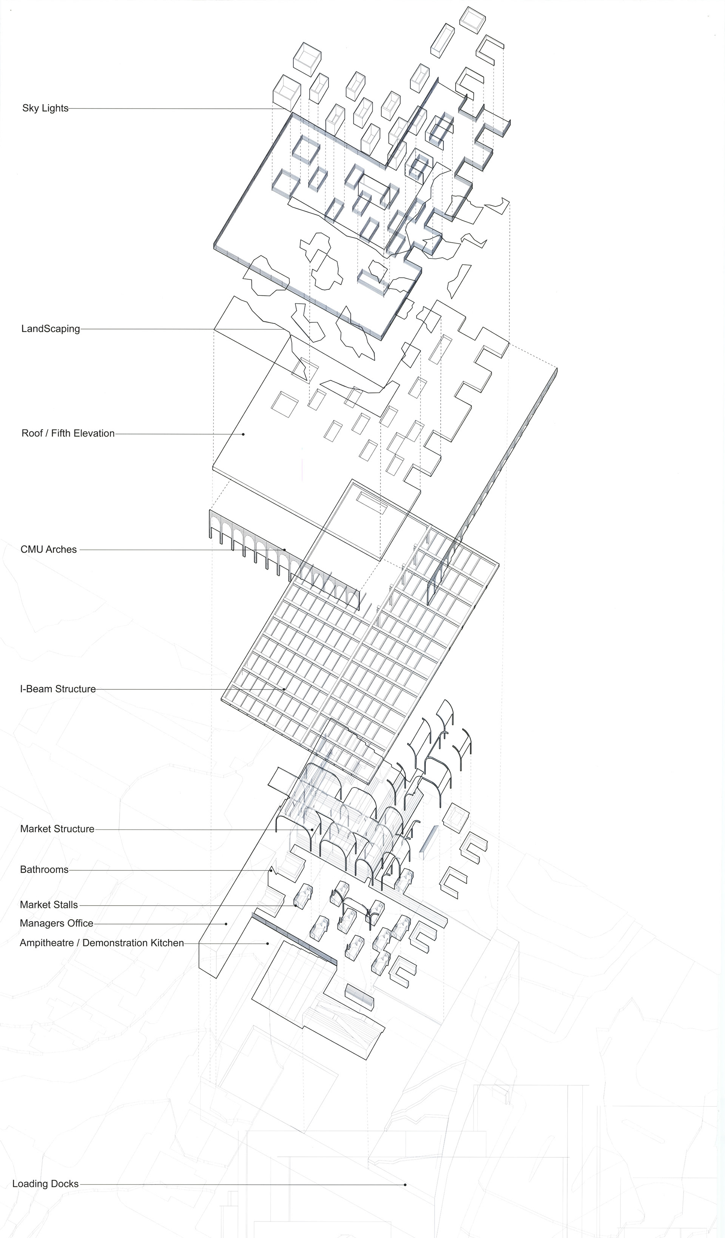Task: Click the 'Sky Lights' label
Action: (45, 108)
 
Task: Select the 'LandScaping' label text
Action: (51, 329)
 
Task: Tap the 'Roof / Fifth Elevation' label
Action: (68, 433)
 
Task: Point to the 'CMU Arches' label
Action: (49, 549)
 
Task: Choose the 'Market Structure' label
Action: (57, 829)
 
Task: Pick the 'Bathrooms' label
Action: (44, 870)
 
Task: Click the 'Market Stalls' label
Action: (49, 904)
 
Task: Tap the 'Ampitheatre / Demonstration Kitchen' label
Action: (102, 943)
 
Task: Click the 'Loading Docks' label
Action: (45, 1184)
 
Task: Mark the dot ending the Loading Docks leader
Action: (405, 1185)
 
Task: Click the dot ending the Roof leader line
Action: (243, 434)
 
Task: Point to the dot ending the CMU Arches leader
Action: (284, 550)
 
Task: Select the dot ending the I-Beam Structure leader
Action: (284, 689)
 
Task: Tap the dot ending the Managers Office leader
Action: (226, 924)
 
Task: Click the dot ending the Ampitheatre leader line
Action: (267, 943)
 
